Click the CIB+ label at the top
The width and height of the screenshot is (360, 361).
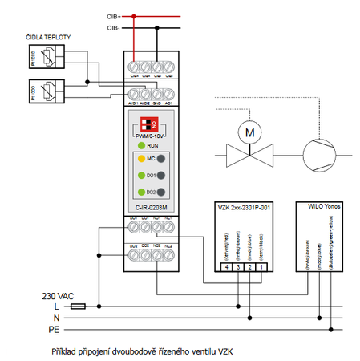tap(113, 15)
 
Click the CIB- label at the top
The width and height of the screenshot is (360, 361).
tap(113, 28)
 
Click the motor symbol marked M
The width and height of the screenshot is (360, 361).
tap(249, 131)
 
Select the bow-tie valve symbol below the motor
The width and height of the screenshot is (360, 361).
tap(249, 154)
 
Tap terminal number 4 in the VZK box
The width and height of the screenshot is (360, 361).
tap(227, 266)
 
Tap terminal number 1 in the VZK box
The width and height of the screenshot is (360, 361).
tap(260, 266)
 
